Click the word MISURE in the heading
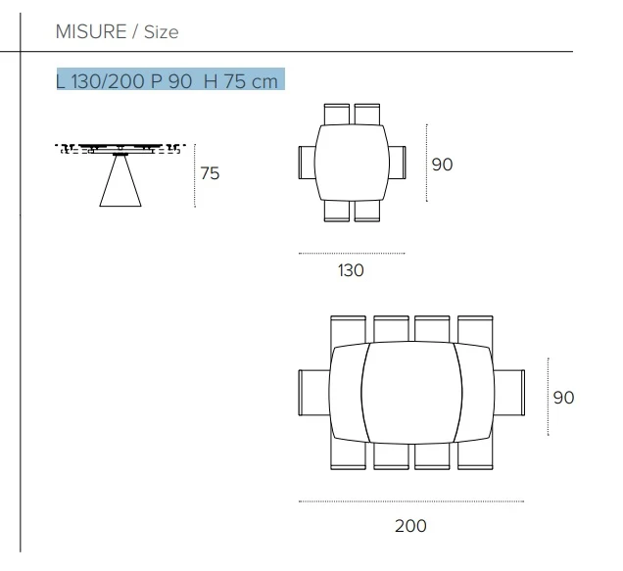(x=91, y=31)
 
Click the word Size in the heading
(x=162, y=32)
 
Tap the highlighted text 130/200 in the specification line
(x=108, y=81)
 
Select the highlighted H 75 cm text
(x=241, y=81)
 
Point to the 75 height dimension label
(x=210, y=173)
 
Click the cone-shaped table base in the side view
(x=120, y=181)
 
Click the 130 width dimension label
(x=351, y=270)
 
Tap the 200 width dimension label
(x=410, y=526)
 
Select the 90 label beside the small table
(x=442, y=165)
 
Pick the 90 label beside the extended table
(x=563, y=398)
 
